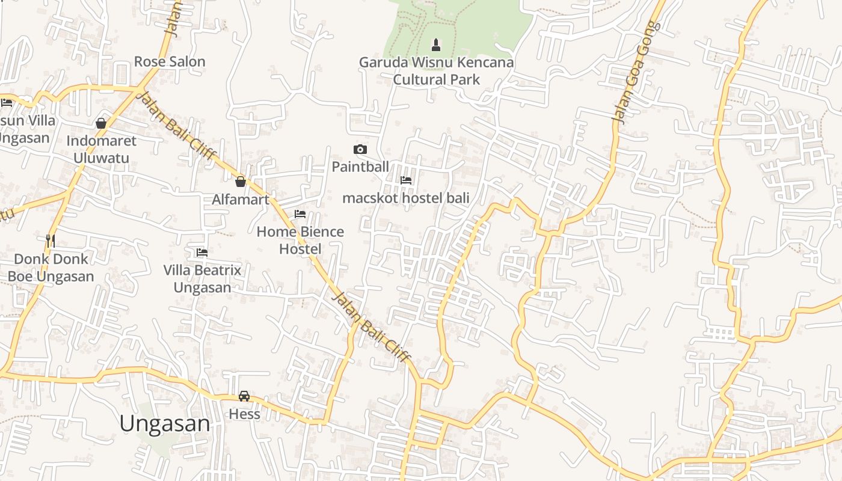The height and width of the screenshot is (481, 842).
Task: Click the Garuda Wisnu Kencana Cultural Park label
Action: click(x=436, y=71)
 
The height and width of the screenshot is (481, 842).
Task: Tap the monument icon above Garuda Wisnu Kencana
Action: click(x=436, y=44)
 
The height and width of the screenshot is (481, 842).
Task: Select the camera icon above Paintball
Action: click(x=360, y=150)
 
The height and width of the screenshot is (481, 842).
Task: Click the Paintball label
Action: click(x=360, y=167)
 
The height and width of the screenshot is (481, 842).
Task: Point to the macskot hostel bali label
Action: click(x=405, y=198)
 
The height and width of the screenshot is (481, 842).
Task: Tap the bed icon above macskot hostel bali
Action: click(x=406, y=180)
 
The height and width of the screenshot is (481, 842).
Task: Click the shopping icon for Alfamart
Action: click(x=241, y=182)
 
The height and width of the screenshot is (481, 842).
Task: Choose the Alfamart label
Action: click(x=241, y=200)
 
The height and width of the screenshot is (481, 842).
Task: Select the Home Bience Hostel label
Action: click(x=300, y=240)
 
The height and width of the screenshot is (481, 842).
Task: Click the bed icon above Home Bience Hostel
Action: click(x=300, y=214)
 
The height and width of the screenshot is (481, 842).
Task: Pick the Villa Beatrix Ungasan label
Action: click(x=202, y=278)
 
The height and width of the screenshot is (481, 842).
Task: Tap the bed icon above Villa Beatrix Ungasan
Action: click(x=202, y=253)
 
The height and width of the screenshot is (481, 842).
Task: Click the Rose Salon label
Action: click(x=170, y=61)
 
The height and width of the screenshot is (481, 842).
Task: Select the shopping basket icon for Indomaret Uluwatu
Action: click(x=101, y=123)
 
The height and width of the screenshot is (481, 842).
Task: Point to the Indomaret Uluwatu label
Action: click(x=101, y=149)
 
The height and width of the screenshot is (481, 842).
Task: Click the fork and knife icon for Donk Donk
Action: click(x=51, y=241)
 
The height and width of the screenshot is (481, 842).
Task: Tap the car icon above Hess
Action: click(x=244, y=396)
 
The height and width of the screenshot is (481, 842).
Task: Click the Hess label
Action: click(x=244, y=414)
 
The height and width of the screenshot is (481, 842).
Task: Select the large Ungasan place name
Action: click(x=165, y=423)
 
